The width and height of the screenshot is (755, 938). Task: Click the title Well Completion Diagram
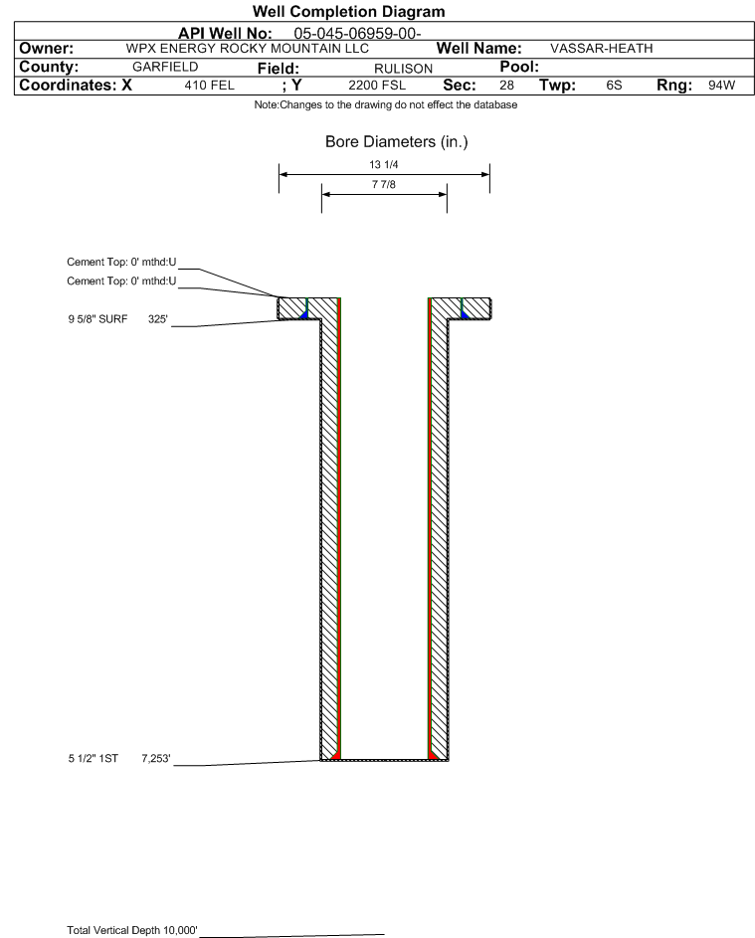point(349,11)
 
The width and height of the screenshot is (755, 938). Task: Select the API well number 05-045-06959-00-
point(357,34)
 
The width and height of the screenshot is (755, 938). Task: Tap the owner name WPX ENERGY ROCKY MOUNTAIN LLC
point(247,49)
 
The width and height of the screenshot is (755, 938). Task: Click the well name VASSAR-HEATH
point(601,49)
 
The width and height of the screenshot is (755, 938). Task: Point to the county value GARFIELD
point(165,67)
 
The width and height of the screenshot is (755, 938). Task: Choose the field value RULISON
point(403,69)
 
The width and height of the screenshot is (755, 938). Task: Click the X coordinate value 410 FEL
point(209,86)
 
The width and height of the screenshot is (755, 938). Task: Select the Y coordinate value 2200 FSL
point(377,86)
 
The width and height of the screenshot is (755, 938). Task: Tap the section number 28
point(506,86)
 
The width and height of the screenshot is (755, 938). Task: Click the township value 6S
point(614,86)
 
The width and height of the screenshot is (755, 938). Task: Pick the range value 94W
point(721,86)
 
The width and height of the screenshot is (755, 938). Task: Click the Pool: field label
point(519,67)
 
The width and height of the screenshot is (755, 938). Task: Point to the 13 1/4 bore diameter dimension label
point(384,164)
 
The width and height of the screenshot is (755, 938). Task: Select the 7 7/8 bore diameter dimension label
point(384,184)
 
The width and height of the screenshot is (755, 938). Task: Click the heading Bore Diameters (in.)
point(397,142)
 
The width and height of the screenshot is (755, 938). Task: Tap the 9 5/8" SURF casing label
point(97,319)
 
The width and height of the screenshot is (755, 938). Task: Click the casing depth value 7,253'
point(156,759)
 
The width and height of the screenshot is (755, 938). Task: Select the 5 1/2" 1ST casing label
point(94,759)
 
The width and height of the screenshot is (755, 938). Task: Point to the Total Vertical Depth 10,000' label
point(132,930)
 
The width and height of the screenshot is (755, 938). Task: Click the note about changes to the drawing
point(386,104)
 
